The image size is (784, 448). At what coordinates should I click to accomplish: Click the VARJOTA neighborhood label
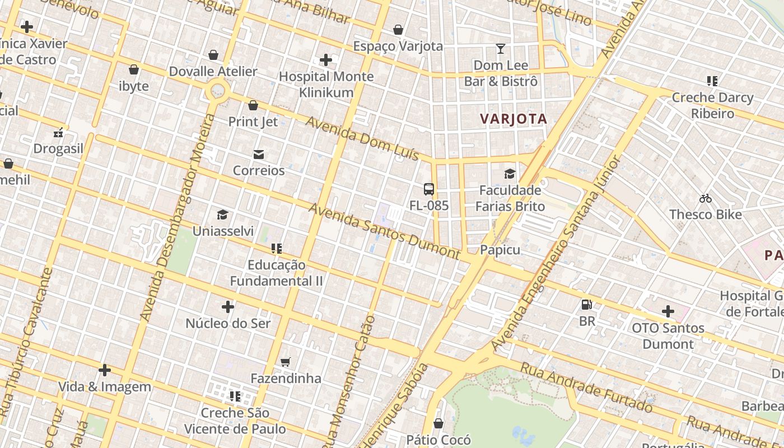[x=514, y=119]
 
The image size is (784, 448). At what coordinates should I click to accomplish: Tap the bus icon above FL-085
[x=429, y=189]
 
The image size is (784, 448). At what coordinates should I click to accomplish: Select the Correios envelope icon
[x=259, y=155]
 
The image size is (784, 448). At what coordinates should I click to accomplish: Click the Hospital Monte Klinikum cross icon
[x=326, y=60]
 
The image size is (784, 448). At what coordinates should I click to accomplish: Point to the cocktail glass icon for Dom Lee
[x=501, y=49]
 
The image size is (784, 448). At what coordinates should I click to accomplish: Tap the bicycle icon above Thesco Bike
[x=706, y=198]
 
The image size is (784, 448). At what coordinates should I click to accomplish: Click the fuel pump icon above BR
[x=587, y=305]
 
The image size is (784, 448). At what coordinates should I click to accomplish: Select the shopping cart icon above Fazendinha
[x=286, y=362]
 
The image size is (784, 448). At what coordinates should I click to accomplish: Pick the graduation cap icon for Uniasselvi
[x=223, y=215]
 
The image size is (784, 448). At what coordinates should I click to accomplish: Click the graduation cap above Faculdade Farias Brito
[x=510, y=174]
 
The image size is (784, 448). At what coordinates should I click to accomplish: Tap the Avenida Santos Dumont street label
[x=384, y=231]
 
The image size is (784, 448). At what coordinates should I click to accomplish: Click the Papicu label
[x=500, y=250]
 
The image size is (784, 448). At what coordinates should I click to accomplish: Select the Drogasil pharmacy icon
[x=58, y=133]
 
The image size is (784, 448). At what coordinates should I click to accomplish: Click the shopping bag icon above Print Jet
[x=253, y=105]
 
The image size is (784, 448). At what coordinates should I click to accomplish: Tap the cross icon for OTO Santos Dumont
[x=668, y=311]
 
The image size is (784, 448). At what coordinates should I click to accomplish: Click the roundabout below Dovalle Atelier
[x=217, y=90]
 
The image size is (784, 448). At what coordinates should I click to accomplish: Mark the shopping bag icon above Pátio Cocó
[x=438, y=423]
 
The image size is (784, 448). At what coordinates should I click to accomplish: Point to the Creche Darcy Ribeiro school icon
[x=712, y=81]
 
